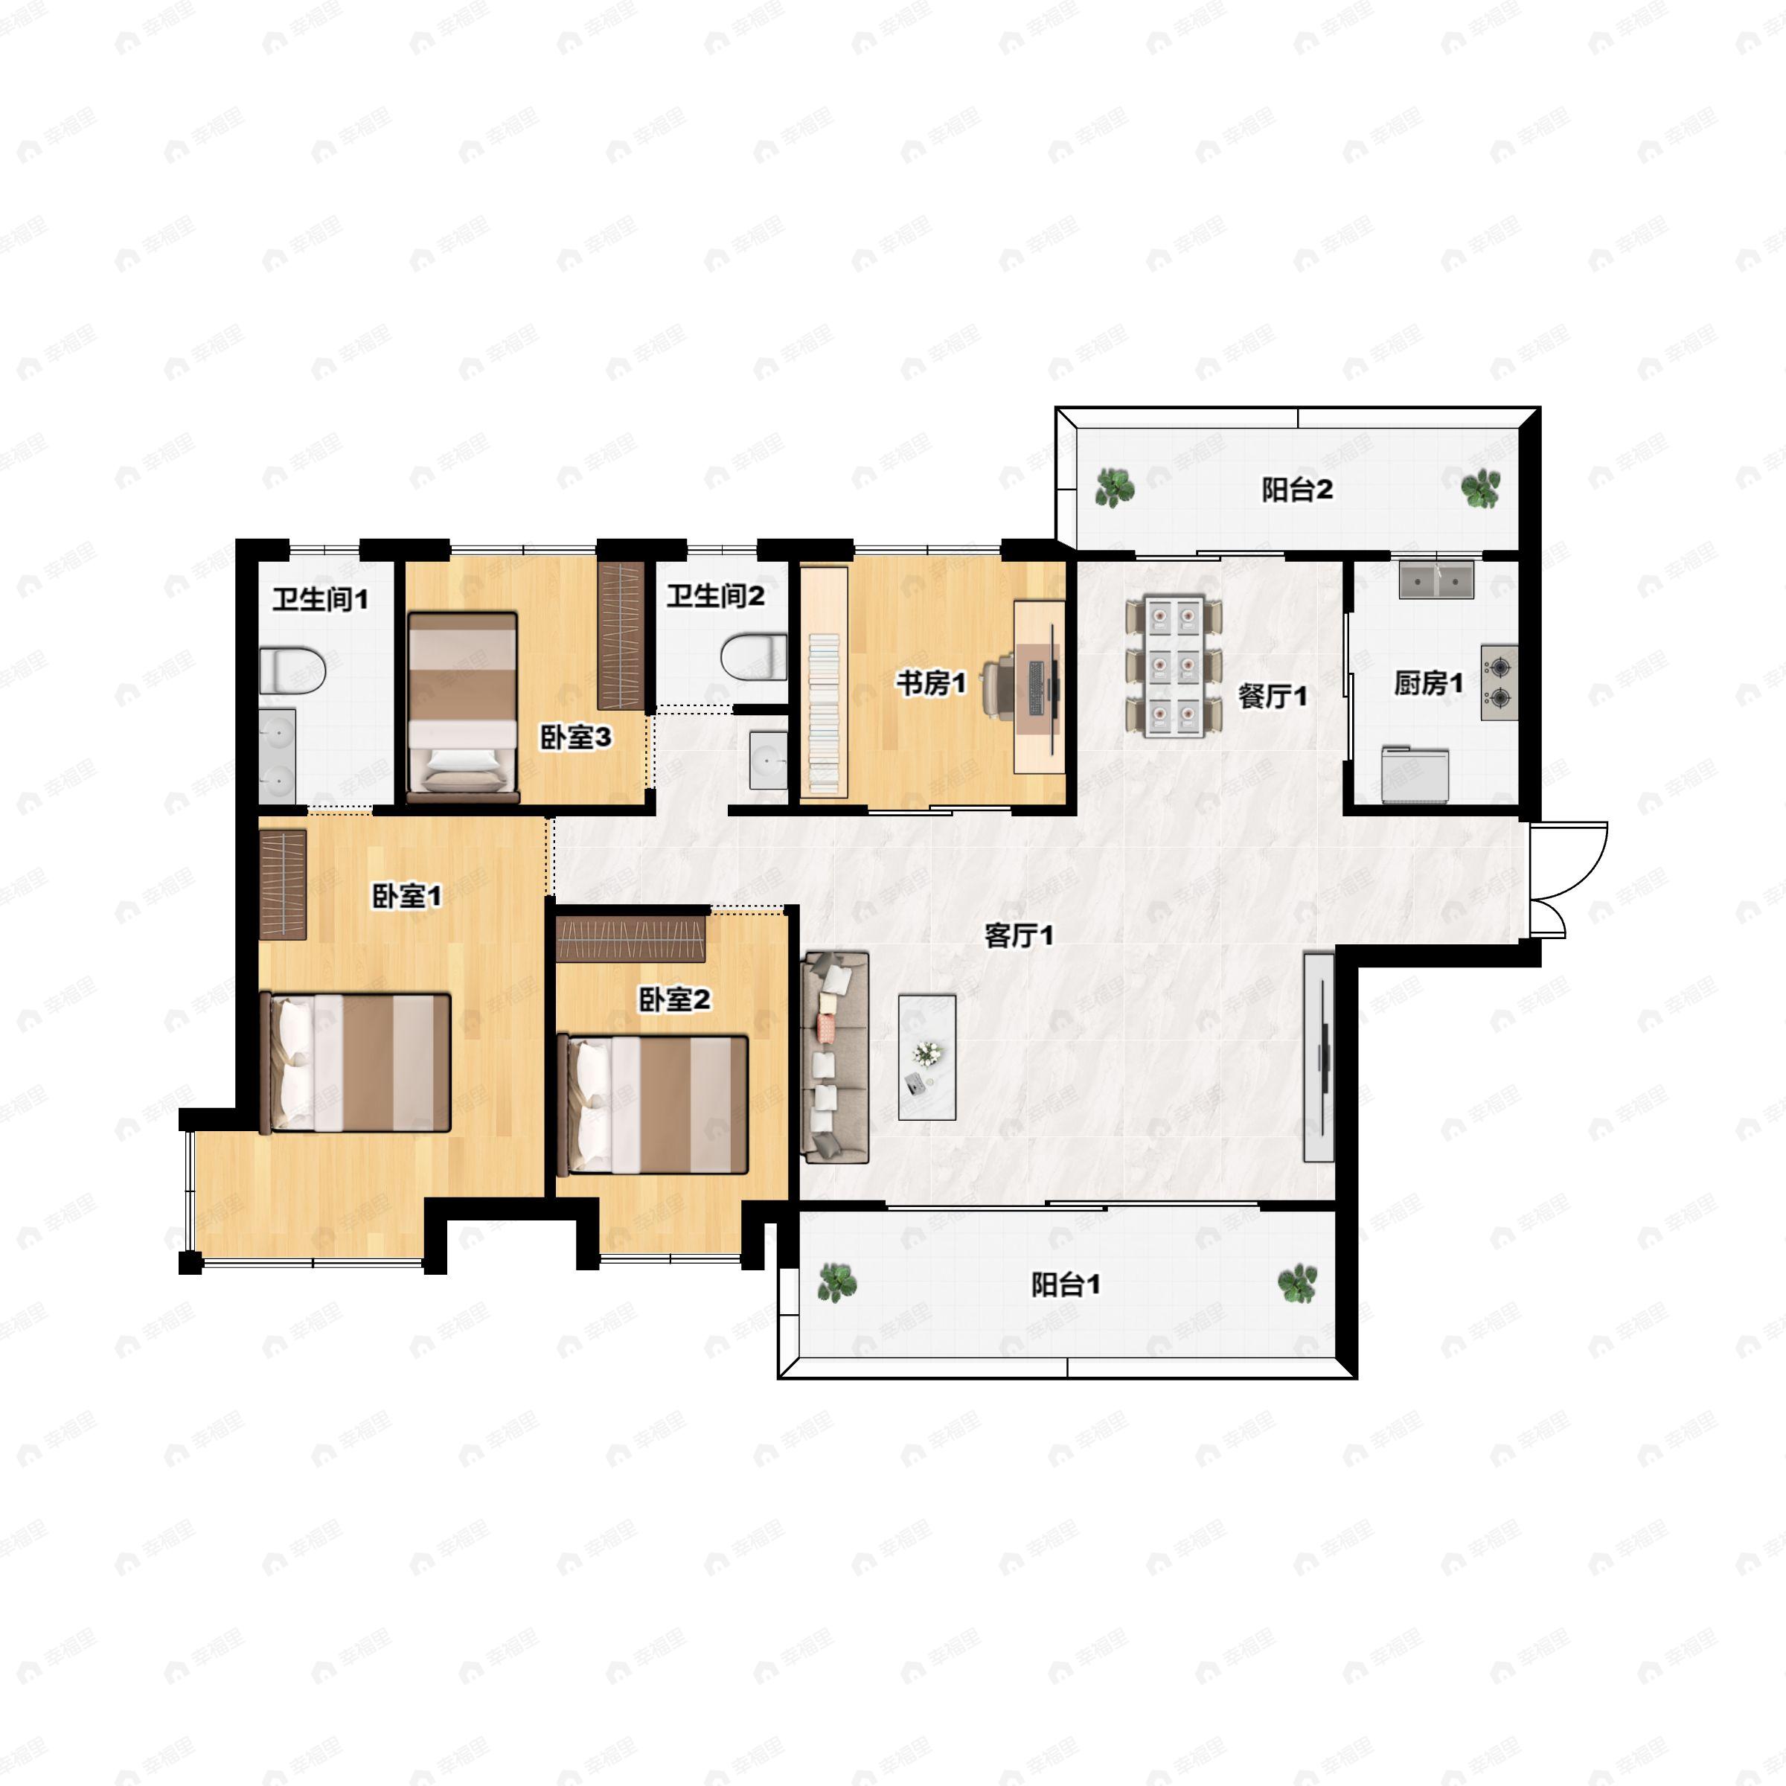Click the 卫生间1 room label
coord(320,600)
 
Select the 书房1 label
coord(931,684)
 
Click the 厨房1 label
coord(1428,683)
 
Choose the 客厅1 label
coord(1019,936)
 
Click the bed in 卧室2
coord(653,1104)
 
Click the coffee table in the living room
coord(927,1057)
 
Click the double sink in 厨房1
coord(1435,580)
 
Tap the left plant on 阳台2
coord(1114,487)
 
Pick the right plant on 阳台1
coord(1297,1283)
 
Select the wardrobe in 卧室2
coord(631,939)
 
